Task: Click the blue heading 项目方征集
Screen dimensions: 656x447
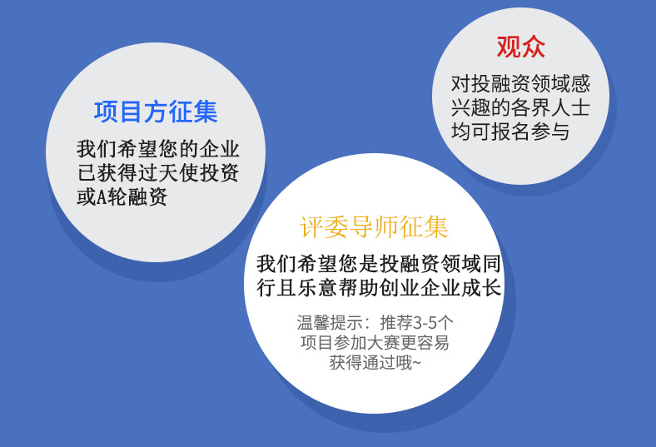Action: click(156, 112)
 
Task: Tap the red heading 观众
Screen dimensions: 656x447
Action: click(521, 47)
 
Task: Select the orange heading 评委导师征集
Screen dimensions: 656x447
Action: click(374, 227)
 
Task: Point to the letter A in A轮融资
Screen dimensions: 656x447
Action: click(102, 197)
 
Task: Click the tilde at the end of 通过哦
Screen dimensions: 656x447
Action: click(416, 363)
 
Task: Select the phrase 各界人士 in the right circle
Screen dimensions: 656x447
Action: click(550, 107)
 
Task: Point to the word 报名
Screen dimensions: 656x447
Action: click(510, 132)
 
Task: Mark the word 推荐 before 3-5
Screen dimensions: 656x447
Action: click(396, 322)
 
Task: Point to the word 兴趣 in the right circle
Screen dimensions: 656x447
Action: click(470, 107)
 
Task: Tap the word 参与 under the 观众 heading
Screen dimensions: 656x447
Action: click(550, 132)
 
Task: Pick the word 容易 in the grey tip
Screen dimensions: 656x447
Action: click(433, 342)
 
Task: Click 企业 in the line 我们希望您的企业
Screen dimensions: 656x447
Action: click(219, 149)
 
